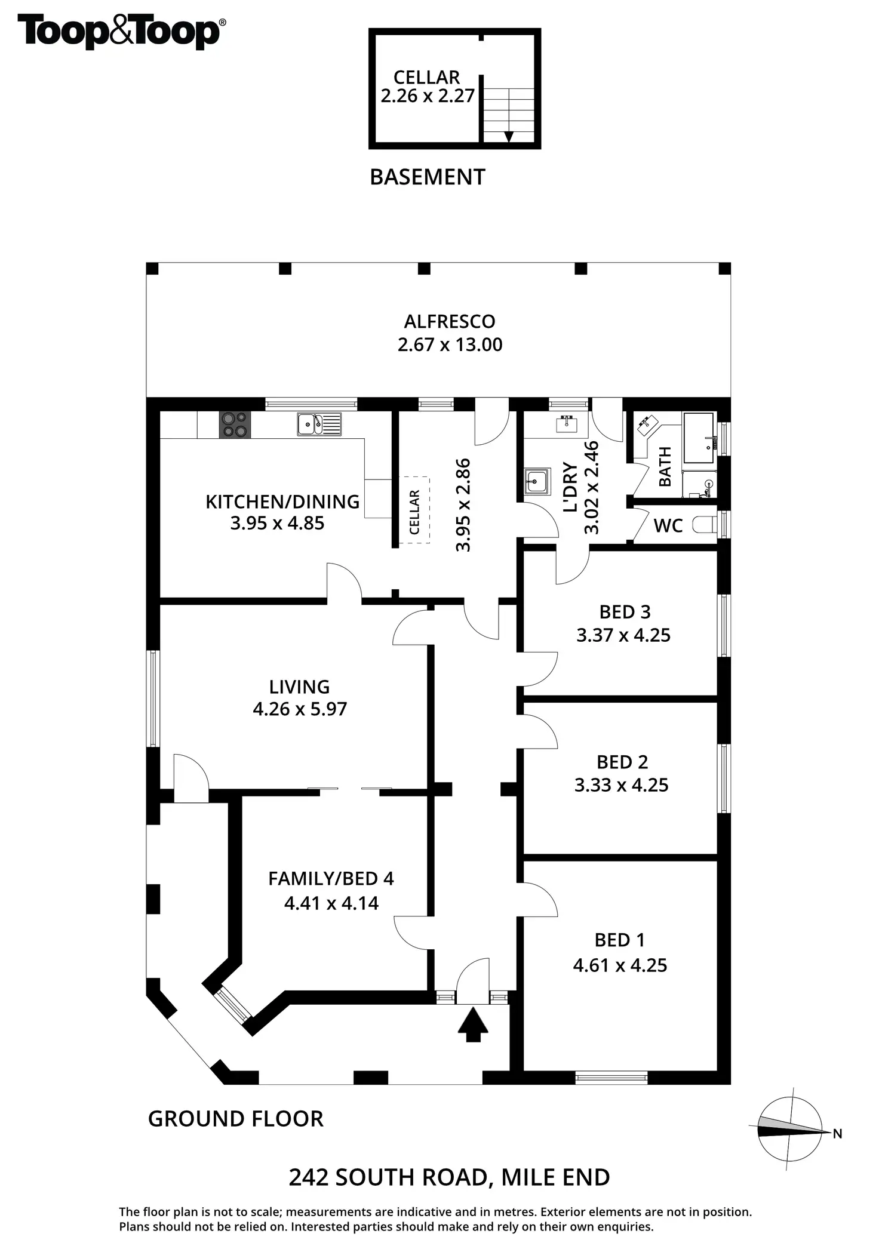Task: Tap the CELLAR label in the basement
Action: pos(426,77)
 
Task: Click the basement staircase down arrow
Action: pos(509,136)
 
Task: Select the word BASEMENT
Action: pos(428,177)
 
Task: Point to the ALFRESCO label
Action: pos(450,321)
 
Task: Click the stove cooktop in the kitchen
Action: pos(235,425)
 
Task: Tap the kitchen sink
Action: pos(319,424)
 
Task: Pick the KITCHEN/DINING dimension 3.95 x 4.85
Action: pos(277,523)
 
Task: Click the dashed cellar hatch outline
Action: pos(414,510)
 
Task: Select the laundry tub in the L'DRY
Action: pos(536,481)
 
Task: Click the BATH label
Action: pos(664,466)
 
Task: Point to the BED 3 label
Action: pos(625,612)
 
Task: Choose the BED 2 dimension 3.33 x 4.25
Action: pos(621,784)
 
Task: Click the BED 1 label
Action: pos(620,940)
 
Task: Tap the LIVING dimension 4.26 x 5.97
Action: pos(300,709)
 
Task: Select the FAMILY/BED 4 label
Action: pos(331,878)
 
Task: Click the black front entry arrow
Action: pos(473,1024)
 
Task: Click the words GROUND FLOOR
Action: pos(235,1118)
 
